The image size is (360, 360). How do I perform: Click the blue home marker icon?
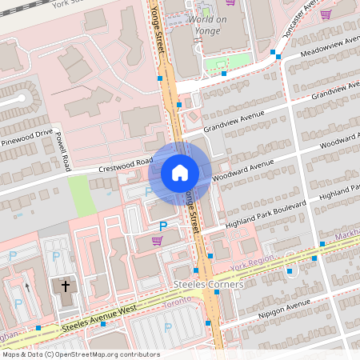(x=180, y=173)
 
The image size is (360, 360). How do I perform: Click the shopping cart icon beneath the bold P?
(x=157, y=240)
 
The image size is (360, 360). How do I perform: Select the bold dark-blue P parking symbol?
(x=163, y=227)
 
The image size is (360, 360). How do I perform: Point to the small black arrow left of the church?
(x=26, y=286)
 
